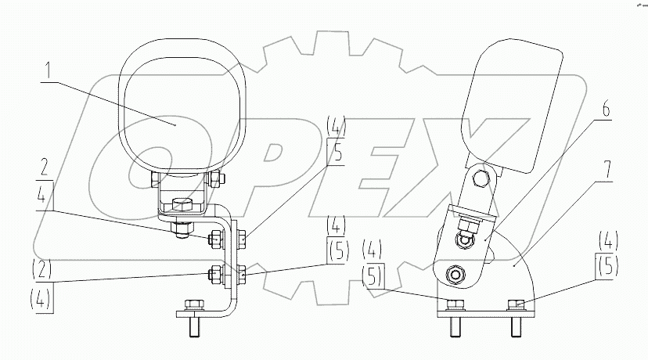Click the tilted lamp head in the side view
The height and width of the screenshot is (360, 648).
pos(512,106)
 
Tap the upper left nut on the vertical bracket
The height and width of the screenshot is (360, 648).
pos(213,238)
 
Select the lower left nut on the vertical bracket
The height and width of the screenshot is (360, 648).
pos(213,273)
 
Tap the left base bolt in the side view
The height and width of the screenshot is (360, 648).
pos(455,304)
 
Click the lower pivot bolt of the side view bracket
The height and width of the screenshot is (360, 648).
pos(452,275)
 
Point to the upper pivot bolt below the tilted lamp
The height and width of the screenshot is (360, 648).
pos(481,178)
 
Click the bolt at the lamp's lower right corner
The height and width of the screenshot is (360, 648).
pos(216,179)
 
